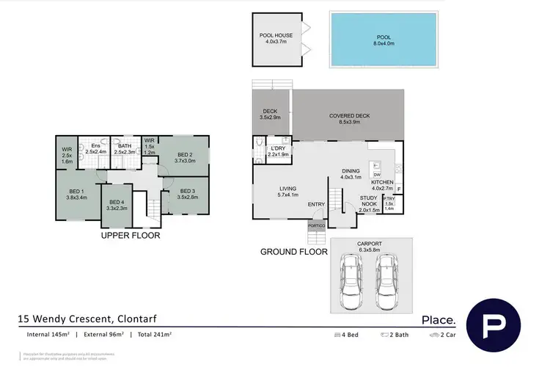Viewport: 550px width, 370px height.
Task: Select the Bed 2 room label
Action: pos(184,156)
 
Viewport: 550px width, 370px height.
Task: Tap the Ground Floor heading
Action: pos(293,252)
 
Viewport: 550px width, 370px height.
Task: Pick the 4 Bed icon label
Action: pos(348,335)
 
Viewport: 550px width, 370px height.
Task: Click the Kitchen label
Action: pos(381,182)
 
